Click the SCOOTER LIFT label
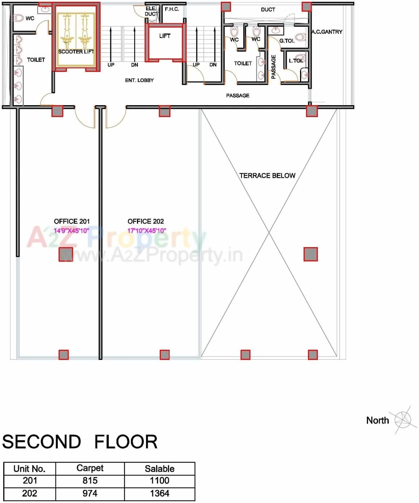tap(76, 52)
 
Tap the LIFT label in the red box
tap(164, 36)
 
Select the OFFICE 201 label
tap(72, 221)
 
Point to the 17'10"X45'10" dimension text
tap(146, 231)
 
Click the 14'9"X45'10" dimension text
tap(71, 231)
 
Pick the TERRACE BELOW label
tap(267, 176)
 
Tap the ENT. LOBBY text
tap(139, 80)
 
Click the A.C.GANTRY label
tap(327, 32)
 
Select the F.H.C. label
tap(172, 9)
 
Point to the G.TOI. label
tap(287, 41)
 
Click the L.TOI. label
tap(295, 61)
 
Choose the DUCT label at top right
tap(268, 9)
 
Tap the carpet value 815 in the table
tap(90, 481)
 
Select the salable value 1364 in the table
tap(159, 493)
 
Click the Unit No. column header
tap(29, 469)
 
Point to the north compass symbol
tap(402, 420)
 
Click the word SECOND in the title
tap(41, 442)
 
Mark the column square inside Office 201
tap(66, 254)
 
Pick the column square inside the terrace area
tap(311, 254)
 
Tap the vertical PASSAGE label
tap(273, 67)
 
